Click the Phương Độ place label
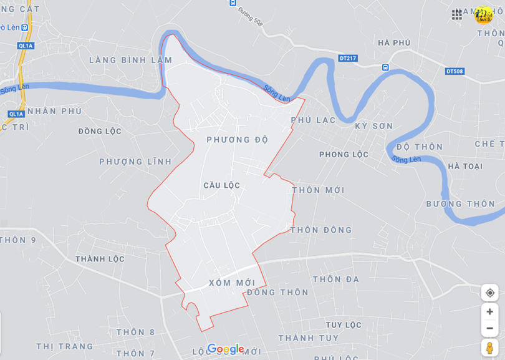[238, 140]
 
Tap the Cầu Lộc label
[221, 185]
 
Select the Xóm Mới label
[232, 283]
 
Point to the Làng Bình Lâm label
[130, 60]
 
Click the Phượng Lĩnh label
[135, 162]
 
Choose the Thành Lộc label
[100, 259]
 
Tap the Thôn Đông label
[321, 230]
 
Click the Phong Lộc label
[344, 154]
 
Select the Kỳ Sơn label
[374, 126]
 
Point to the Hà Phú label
[394, 42]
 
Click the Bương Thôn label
[461, 204]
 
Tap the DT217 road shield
[348, 58]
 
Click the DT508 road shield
[454, 71]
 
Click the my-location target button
[489, 293]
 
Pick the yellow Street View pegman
[489, 348]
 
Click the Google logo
[225, 349]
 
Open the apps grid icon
[457, 14]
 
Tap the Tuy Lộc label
[344, 325]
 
